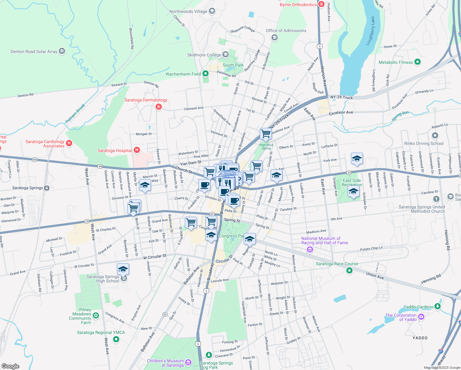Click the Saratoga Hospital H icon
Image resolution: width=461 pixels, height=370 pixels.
tap(137, 150)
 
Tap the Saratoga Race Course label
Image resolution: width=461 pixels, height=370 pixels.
tap(337, 264)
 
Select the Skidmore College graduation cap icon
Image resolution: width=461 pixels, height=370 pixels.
tap(226, 55)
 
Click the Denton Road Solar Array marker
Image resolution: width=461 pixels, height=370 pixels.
tap(62, 51)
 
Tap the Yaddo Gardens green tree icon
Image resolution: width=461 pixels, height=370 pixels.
tap(438, 306)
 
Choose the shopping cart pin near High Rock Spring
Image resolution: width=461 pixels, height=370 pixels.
tap(265, 134)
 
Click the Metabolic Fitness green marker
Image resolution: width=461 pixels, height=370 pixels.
tap(418, 62)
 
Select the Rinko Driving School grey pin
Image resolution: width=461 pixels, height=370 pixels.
tap(435, 135)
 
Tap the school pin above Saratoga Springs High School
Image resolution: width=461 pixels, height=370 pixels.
tap(123, 269)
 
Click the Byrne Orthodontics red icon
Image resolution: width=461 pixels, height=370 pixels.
tap(321, 4)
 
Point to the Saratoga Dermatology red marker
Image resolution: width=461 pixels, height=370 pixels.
tap(159, 107)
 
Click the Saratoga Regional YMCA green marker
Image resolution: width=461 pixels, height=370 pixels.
tap(116, 339)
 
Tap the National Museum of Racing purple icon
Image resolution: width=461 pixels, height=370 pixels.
tap(310, 250)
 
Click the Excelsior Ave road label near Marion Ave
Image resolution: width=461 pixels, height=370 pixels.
tap(341, 113)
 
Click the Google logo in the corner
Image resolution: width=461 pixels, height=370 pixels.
tap(10, 366)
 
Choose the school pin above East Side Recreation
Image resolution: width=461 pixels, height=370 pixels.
tap(357, 159)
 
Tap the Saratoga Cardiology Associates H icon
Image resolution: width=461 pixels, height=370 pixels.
tap(69, 143)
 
